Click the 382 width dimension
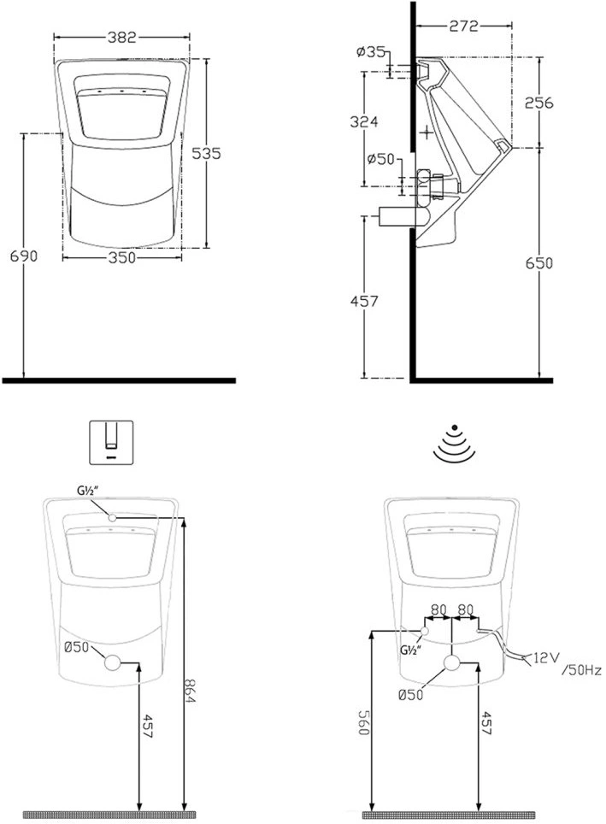[x=122, y=38]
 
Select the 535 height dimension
[x=206, y=154]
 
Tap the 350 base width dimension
[x=121, y=257]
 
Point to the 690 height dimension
[x=24, y=256]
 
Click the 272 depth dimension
[x=463, y=26]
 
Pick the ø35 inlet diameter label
[x=371, y=51]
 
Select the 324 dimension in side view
[x=364, y=121]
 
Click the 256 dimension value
[x=539, y=103]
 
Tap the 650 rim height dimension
[x=539, y=262]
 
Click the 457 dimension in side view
[x=364, y=301]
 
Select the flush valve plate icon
[x=111, y=442]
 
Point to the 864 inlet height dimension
[x=191, y=692]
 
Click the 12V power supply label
[x=547, y=656]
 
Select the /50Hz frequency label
[x=581, y=670]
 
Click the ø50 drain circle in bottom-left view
[x=113, y=662]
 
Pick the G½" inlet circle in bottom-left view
[x=113, y=518]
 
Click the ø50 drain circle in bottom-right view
[x=451, y=663]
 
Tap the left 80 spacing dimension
[x=438, y=609]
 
